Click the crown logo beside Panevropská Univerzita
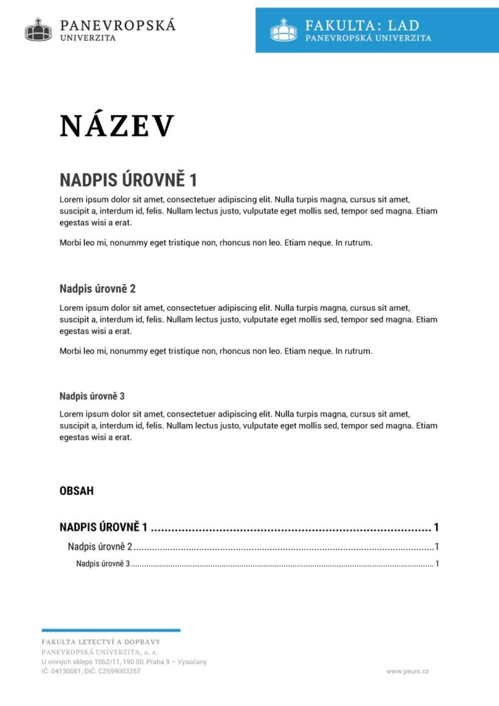[39, 30]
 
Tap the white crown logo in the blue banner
[283, 30]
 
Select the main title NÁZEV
[117, 126]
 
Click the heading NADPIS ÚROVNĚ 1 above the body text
[128, 181]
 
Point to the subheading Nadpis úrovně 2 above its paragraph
[97, 288]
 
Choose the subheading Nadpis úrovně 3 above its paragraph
[92, 396]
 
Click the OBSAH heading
[77, 492]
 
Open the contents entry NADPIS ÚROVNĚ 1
[104, 528]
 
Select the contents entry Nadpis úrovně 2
[99, 547]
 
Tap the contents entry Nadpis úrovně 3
[103, 564]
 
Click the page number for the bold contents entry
[436, 528]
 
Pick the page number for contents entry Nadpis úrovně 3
[437, 564]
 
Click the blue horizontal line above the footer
[111, 630]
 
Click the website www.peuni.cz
[407, 671]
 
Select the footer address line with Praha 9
[124, 661]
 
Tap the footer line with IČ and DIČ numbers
[91, 671]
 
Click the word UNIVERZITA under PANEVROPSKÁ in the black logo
[88, 38]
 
